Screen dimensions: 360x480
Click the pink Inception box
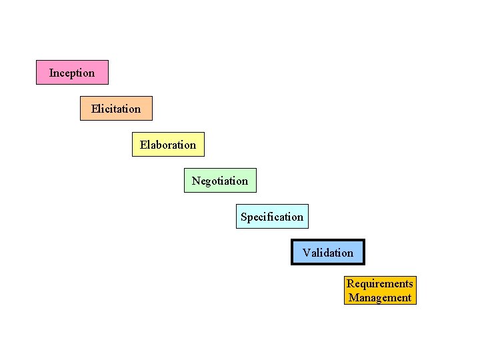(72, 72)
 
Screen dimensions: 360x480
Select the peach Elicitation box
(116, 108)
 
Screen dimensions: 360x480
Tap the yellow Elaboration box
(168, 144)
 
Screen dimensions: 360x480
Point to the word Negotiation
(220, 181)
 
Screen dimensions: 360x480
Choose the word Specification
(272, 217)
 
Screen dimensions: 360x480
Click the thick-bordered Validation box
(328, 252)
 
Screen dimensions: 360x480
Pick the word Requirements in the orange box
(380, 284)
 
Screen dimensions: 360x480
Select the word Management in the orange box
(380, 298)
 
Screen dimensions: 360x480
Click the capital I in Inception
(51, 72)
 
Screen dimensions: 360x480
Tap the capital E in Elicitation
(95, 108)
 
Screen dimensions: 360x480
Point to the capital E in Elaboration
(143, 144)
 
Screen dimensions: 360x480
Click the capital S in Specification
(244, 217)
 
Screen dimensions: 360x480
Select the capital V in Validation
(306, 253)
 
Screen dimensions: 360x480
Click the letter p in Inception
(73, 73)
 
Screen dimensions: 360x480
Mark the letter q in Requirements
(363, 285)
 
